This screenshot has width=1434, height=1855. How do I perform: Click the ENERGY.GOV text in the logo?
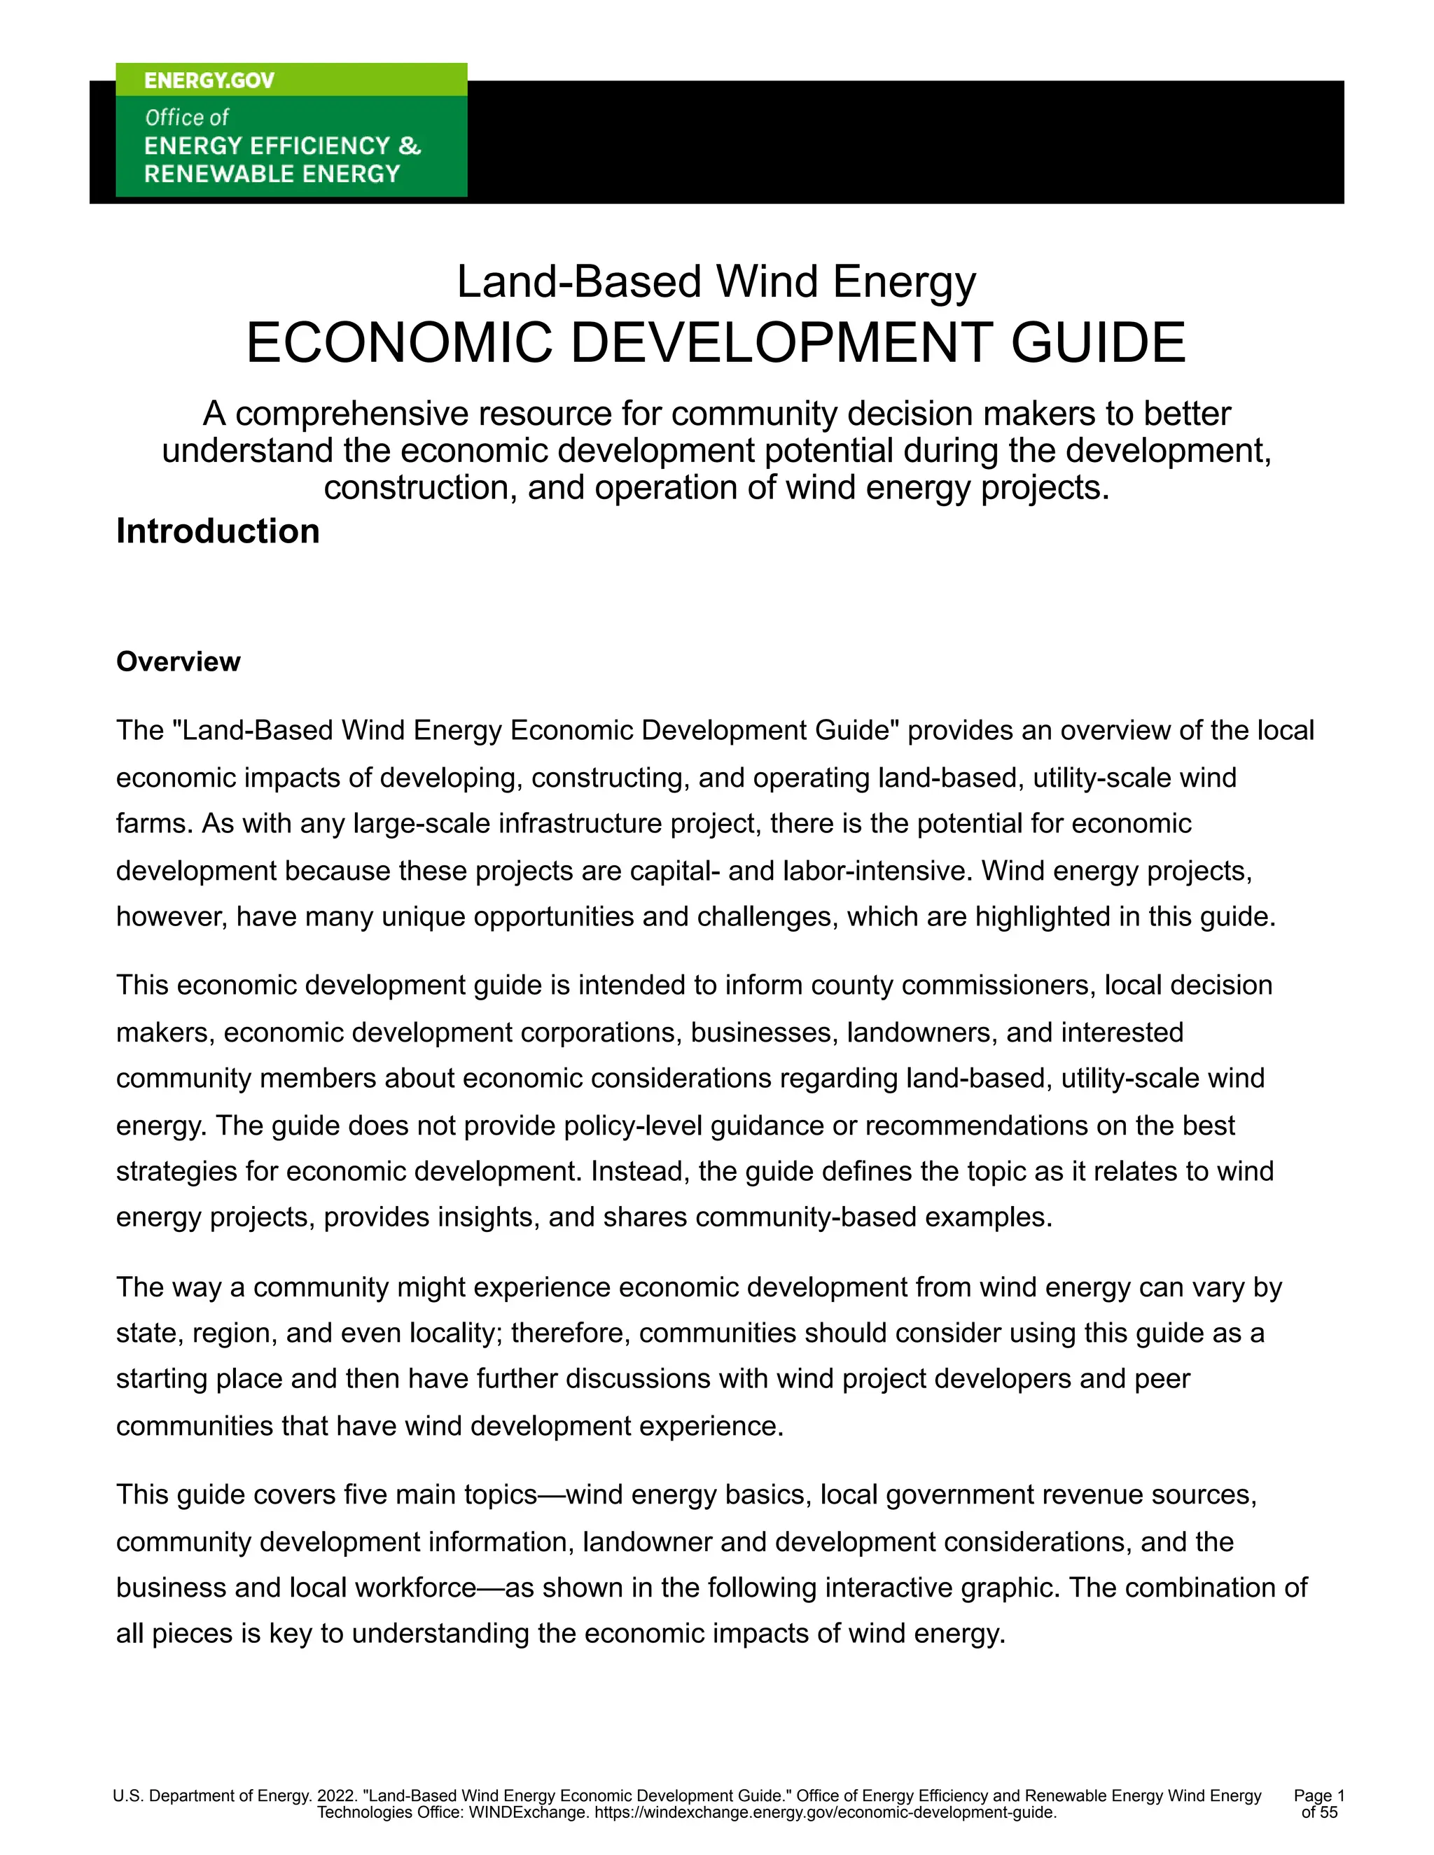(209, 80)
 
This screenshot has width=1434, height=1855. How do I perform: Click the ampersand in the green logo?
(410, 146)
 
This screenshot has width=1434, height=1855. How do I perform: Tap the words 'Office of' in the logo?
(187, 117)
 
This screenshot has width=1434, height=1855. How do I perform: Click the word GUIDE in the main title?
(1098, 343)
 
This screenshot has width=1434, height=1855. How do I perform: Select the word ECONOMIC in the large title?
(399, 343)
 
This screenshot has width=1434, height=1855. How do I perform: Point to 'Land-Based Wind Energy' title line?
(716, 282)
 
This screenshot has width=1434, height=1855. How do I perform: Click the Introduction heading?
(218, 532)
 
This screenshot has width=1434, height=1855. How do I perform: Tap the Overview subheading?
(178, 661)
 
